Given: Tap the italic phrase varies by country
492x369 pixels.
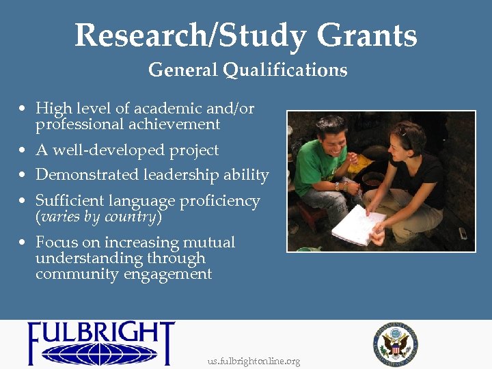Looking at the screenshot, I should pyautogui.click(x=98, y=217).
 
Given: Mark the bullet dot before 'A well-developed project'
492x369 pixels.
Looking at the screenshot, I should pyautogui.click(x=23, y=151).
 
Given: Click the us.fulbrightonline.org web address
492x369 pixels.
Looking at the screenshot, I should pyautogui.click(x=254, y=361).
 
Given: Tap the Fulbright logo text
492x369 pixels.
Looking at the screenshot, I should pyautogui.click(x=100, y=335).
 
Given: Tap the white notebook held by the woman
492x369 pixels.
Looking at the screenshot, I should pyautogui.click(x=358, y=225).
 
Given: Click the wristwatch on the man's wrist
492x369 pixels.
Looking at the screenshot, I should pyautogui.click(x=338, y=186).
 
